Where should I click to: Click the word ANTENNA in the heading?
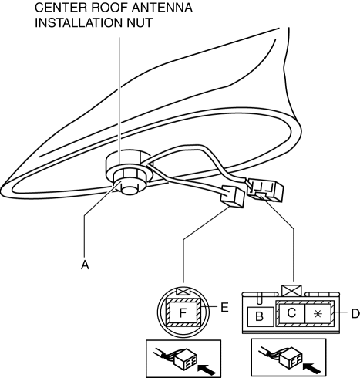coord(162,8)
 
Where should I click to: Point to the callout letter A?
coord(85,265)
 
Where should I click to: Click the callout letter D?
coord(355,314)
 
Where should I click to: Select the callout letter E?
coord(224,307)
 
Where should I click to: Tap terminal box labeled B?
coord(261,316)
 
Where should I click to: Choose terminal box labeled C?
coord(291,313)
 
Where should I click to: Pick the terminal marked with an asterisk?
coord(318,313)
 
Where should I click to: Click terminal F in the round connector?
coord(182,312)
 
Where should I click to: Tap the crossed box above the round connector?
coord(183,292)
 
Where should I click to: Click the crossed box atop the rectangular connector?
coord(291,290)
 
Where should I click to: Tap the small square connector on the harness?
coord(232,197)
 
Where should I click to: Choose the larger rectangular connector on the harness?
coord(264,191)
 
